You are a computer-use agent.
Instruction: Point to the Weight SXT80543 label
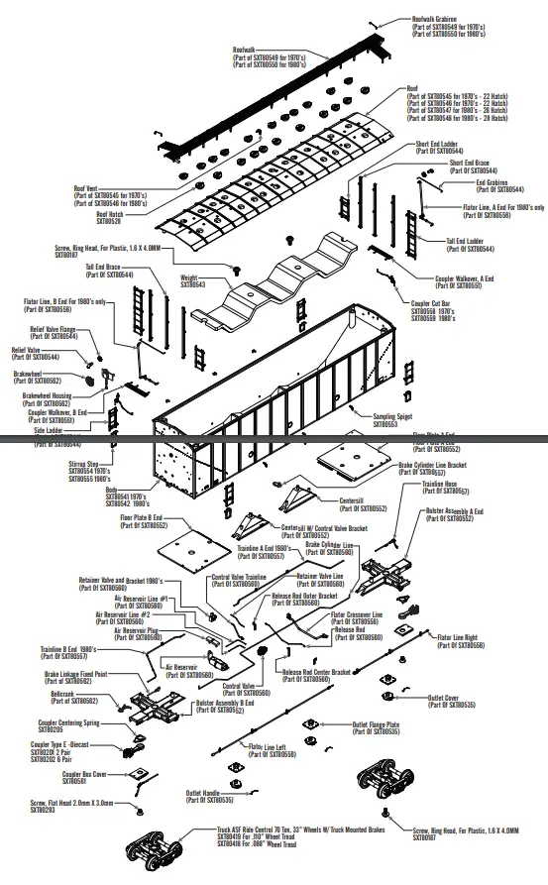[x=192, y=281]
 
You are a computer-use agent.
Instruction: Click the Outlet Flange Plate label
[x=376, y=727]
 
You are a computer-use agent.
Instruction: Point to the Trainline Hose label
[x=444, y=488]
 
